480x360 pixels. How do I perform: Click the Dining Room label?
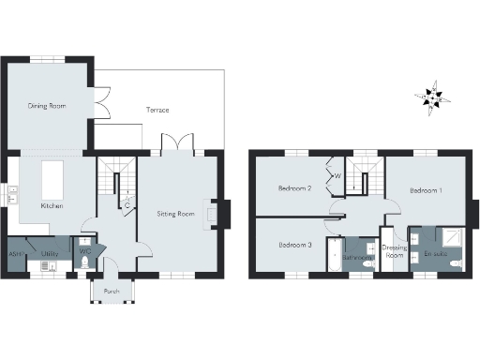[45, 107]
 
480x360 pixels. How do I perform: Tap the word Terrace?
[157, 110]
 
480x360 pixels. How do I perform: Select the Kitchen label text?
[51, 205]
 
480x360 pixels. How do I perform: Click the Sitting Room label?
[175, 214]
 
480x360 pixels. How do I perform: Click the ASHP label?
[16, 254]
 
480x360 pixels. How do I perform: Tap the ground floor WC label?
[84, 251]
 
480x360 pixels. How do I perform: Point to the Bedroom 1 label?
[426, 190]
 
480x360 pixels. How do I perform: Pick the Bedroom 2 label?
[294, 188]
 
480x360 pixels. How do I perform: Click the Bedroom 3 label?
[294, 245]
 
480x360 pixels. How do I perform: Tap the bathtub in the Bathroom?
[334, 255]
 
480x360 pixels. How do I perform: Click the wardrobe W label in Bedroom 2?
[337, 174]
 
